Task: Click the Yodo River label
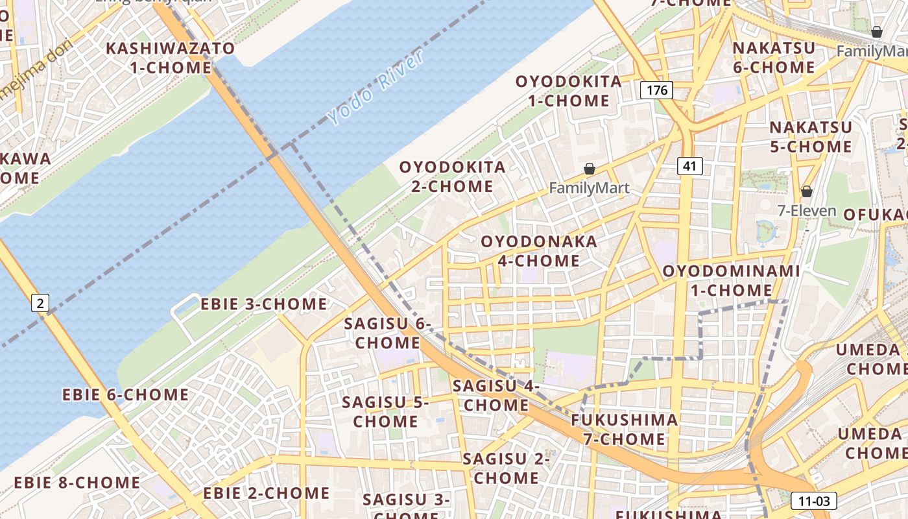[376, 88]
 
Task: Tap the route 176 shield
[656, 90]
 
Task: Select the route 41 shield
[689, 166]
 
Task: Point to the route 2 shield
[40, 302]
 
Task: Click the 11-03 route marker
[813, 501]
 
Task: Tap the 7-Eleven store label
[807, 211]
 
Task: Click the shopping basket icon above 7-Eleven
[807, 191]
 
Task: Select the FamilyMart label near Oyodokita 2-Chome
[589, 188]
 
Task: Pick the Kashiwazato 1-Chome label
[170, 58]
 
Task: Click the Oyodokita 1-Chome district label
[569, 91]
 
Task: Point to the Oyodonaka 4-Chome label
[539, 251]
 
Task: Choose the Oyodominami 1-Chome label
[731, 280]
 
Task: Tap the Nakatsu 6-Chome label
[773, 58]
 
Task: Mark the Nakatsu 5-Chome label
[811, 137]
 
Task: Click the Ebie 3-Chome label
[264, 304]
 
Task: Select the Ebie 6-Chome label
[126, 394]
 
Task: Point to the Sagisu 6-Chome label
[388, 333]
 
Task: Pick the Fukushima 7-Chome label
[624, 429]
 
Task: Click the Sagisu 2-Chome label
[506, 468]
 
